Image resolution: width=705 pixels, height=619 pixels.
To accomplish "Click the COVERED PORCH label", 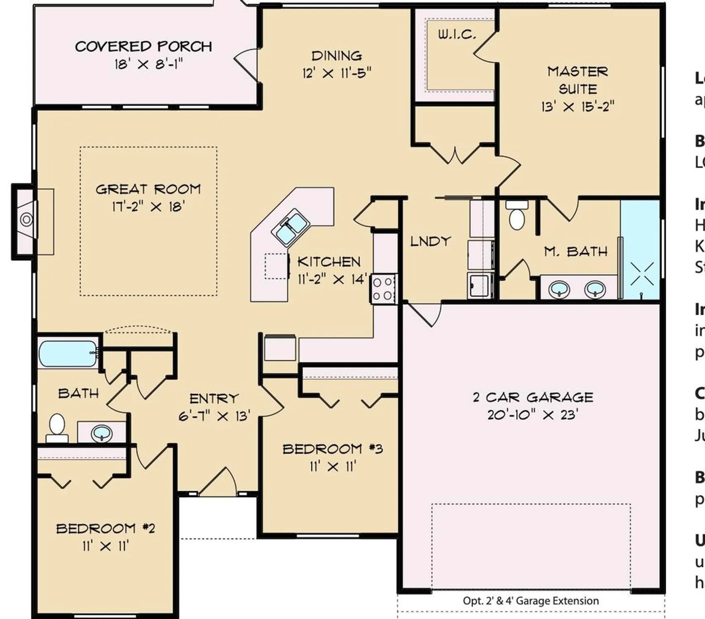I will point(143,46).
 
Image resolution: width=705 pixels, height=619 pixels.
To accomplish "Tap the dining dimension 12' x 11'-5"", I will point(337,73).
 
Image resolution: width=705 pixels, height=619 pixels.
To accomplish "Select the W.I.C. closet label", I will point(457,35).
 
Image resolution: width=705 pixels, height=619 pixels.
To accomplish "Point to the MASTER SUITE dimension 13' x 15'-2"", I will point(578,107).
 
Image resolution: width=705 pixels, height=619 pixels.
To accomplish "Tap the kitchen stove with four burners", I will point(383,289).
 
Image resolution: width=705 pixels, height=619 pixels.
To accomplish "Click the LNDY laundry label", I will point(430,241).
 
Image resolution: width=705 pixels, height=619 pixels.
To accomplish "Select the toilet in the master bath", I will point(517,216).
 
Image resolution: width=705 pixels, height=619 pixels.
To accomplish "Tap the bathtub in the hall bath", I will point(68,353).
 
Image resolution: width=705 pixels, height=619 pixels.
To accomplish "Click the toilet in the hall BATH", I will point(57,427).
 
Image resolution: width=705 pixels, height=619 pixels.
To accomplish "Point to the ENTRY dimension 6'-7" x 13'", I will point(214,416).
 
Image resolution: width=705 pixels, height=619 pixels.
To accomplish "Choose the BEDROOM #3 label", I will point(333,449).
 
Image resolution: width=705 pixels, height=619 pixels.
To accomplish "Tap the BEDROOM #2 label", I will point(105,528).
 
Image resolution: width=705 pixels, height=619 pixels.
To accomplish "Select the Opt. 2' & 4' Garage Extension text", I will point(531,601).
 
